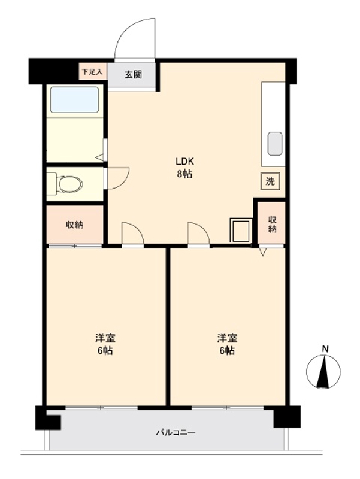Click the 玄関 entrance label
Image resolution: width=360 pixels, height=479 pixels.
[133, 74]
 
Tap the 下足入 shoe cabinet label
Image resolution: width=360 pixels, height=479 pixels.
[92, 72]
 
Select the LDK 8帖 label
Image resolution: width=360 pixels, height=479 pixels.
[184, 168]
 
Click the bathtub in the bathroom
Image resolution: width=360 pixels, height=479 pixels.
[74, 100]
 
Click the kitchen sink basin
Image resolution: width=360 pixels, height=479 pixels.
[274, 144]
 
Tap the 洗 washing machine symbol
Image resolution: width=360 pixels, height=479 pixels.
[270, 181]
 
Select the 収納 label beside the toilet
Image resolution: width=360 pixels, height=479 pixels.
[75, 225]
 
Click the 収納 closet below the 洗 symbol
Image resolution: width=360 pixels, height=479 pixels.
[272, 223]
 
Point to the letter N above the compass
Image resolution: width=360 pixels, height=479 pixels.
[325, 348]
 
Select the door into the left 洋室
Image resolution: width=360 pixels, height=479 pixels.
[132, 234]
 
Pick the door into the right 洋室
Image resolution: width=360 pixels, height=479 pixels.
[198, 234]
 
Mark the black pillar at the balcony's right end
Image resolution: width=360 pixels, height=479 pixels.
[286, 417]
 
